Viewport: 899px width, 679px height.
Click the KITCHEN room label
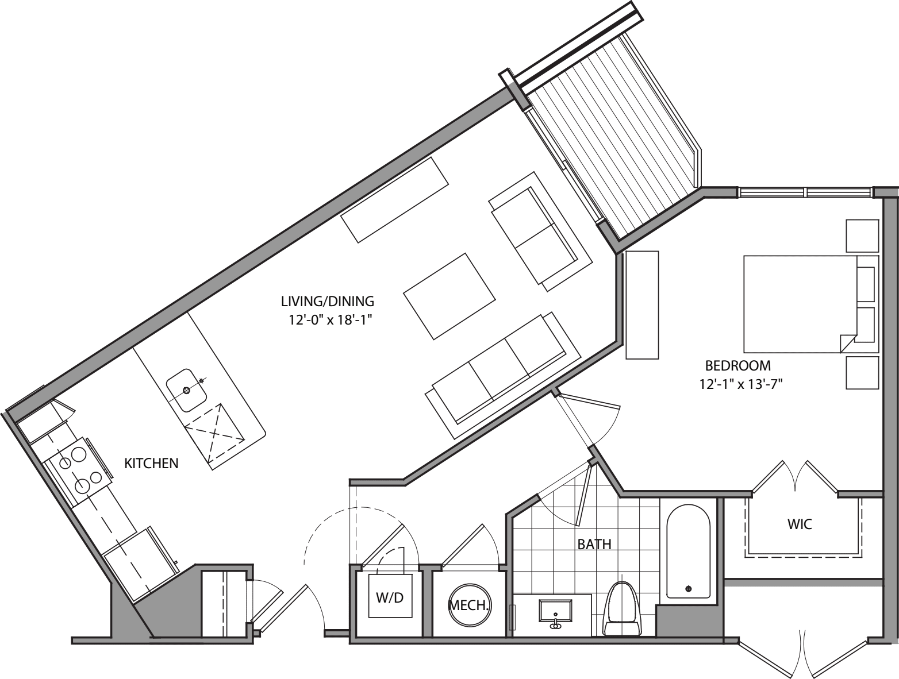click(x=151, y=463)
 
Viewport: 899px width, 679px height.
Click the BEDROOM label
click(x=737, y=365)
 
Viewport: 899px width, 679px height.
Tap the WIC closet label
click(x=800, y=524)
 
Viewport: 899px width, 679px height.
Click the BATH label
click(x=594, y=544)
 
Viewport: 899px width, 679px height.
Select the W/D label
click(x=390, y=597)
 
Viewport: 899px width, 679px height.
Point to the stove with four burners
click(x=80, y=469)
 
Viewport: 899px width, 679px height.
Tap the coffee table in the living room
click(x=449, y=296)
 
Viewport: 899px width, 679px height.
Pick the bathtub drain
click(x=689, y=588)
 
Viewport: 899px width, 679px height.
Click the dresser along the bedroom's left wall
click(x=641, y=305)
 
